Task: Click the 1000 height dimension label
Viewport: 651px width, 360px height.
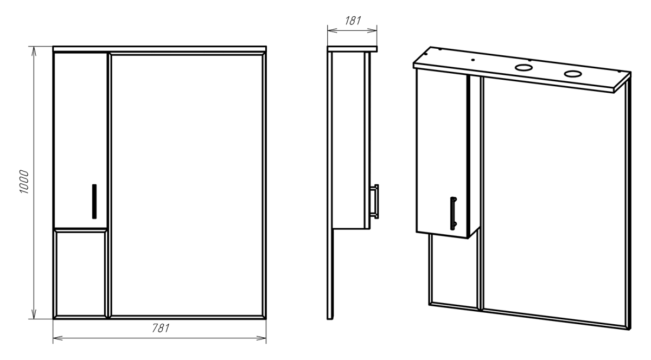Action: point(24,182)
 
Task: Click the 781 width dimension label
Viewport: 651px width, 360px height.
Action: point(161,328)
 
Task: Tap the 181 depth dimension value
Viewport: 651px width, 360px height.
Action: point(353,21)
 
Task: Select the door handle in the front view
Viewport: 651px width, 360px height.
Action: point(94,201)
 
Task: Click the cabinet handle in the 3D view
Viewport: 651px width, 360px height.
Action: point(453,213)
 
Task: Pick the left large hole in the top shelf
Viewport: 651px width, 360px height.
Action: point(524,68)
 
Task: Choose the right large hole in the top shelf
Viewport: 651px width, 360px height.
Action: point(573,74)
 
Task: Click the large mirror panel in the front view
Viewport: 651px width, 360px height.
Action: point(187,185)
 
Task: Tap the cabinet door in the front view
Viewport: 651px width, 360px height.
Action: point(80,140)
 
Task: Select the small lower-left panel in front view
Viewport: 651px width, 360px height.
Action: point(81,273)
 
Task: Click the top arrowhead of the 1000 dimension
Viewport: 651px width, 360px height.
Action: point(34,52)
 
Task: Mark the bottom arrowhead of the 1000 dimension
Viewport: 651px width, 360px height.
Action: point(34,314)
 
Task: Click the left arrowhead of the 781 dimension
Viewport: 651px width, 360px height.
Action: point(58,338)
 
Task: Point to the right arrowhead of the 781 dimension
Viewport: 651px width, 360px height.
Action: point(261,338)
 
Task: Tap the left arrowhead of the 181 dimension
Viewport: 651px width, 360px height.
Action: point(333,30)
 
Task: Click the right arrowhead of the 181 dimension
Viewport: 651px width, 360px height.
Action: point(372,30)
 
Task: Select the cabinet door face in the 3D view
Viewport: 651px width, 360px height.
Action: point(442,154)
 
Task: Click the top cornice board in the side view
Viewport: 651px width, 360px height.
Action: point(352,49)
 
